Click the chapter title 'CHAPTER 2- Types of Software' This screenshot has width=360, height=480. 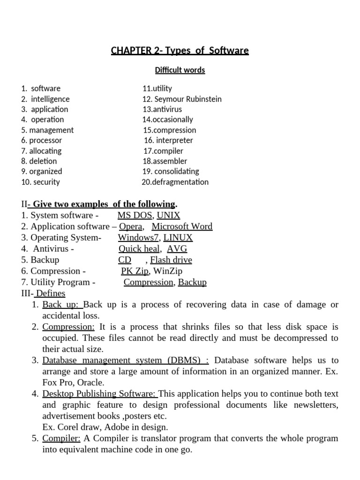point(180,51)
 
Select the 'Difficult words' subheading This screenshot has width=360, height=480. point(180,70)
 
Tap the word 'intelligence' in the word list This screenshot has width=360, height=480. point(50,99)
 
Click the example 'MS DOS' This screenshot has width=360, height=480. point(135,216)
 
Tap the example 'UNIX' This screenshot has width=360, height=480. point(168,216)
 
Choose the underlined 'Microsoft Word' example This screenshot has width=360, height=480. point(182,226)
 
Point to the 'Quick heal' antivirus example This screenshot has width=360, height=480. point(140,249)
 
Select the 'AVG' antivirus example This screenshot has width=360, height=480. point(177,249)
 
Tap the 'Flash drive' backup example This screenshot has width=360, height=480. point(171,260)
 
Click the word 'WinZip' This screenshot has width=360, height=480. point(168,271)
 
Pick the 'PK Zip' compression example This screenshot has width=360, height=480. point(135,271)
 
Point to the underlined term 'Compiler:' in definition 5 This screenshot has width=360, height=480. point(61,438)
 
